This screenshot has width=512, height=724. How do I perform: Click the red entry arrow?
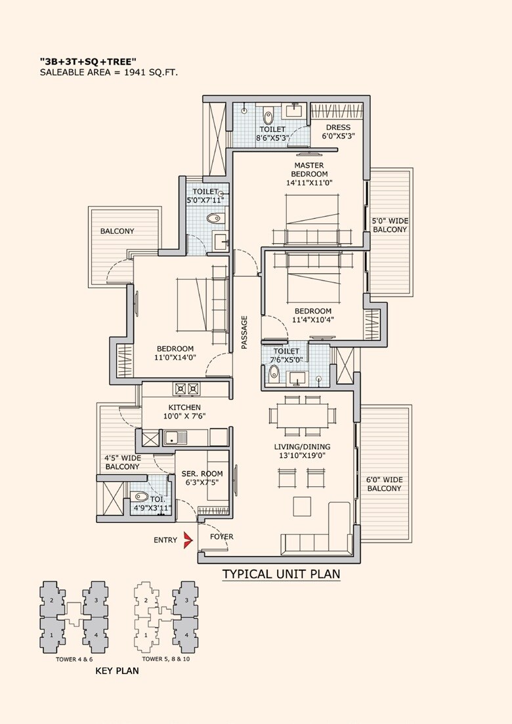(188, 540)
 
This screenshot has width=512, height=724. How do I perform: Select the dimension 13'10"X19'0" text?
(303, 455)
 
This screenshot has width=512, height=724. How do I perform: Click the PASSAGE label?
(244, 332)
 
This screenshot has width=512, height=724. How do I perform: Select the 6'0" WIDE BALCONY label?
(385, 484)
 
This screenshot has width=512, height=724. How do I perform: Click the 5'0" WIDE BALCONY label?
(390, 225)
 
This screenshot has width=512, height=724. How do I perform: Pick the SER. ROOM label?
(202, 473)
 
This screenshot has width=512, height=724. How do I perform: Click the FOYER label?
(222, 537)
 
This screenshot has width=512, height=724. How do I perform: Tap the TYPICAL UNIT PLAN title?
(281, 574)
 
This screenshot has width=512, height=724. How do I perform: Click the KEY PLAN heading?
(117, 671)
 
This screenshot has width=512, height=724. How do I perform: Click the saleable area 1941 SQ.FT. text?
(109, 72)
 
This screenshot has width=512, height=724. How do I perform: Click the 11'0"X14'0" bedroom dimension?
(175, 358)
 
